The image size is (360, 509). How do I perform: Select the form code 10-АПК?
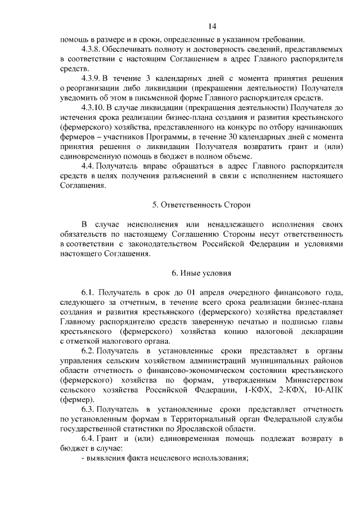(x=328, y=390)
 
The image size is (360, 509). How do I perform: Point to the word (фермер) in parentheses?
(x=78, y=400)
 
